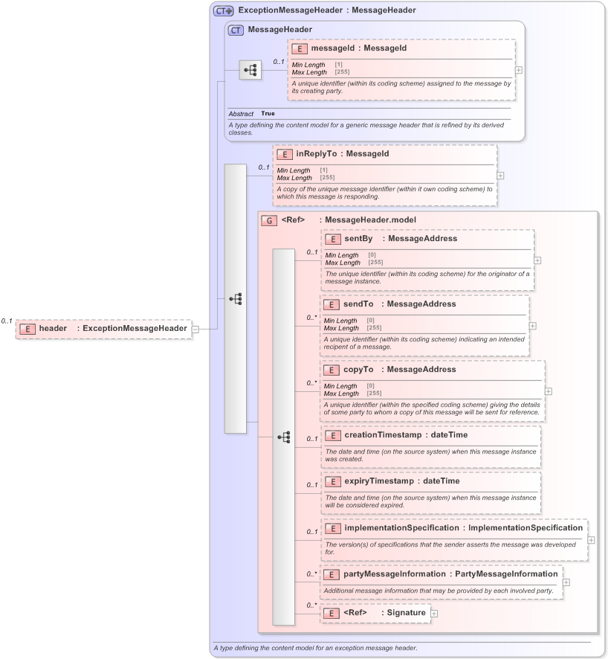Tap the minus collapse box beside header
coord(195,328)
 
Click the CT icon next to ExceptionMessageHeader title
coord(223,10)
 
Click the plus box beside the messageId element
coord(518,70)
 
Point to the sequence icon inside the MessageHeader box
coord(250,71)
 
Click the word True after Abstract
coord(268,114)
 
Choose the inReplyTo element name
coord(316,154)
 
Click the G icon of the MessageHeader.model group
coord(268,220)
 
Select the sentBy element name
coord(358,239)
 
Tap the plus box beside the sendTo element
coord(532,326)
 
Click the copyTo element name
coord(358,370)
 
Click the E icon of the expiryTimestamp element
coord(332,481)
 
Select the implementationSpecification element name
coord(401,528)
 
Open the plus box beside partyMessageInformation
coord(566,582)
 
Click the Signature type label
coord(406,613)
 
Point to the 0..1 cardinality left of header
coord(7,321)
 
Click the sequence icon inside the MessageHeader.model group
coord(283,437)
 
